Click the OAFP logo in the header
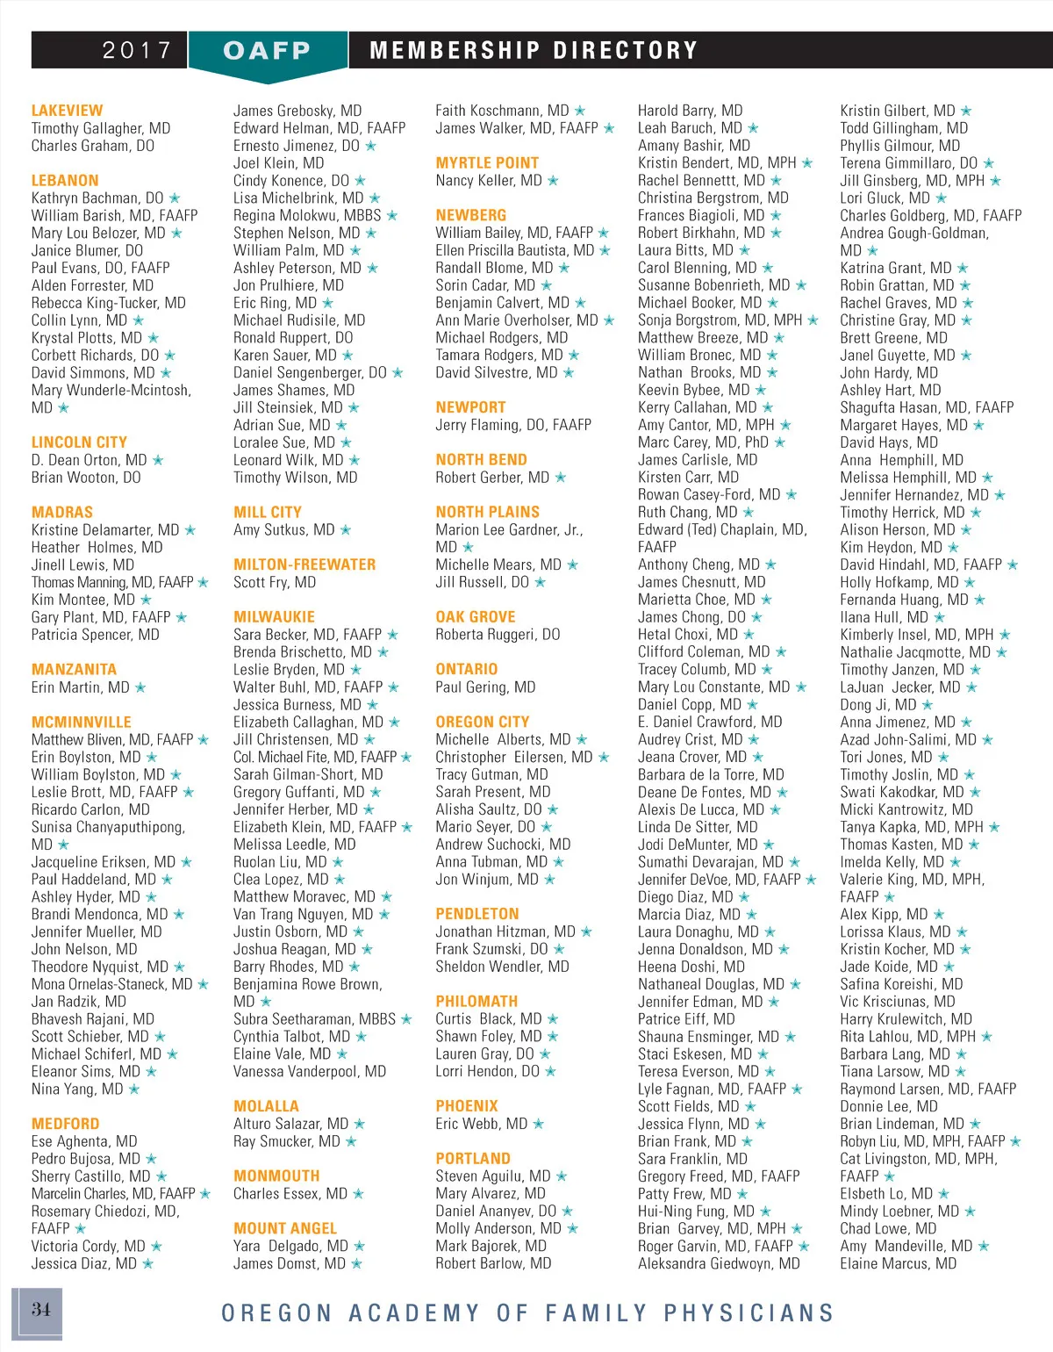coord(267,51)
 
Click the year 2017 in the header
coord(137,50)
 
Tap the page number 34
coord(40,1310)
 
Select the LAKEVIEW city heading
coord(67,111)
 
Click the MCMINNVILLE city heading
coord(81,722)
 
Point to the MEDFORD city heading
coord(65,1124)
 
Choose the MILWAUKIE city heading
coord(274,617)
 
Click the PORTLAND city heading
coord(473,1159)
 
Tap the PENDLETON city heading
coord(476,914)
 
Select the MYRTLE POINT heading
coord(487,163)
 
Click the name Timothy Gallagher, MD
coord(101,128)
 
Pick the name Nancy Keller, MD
coord(489,181)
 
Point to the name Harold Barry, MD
coord(690,111)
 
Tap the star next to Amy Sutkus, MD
coord(346,530)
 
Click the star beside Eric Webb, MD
coord(539,1124)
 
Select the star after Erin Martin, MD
coord(140,687)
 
